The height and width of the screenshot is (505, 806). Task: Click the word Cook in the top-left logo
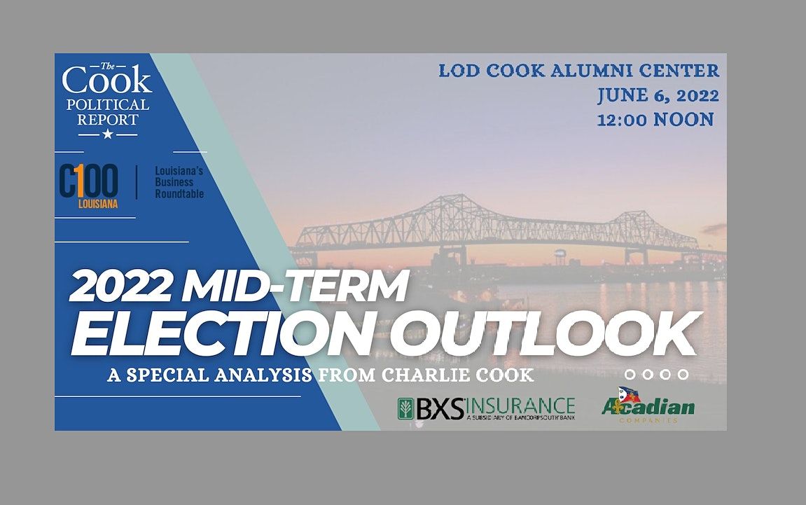[106, 81]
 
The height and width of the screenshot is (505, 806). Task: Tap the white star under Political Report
[107, 133]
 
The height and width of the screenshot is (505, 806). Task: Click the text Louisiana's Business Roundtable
[179, 182]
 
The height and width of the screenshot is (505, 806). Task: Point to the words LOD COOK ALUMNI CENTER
[578, 71]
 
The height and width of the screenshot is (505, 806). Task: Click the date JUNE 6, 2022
[658, 95]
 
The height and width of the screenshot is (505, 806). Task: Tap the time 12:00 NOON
[655, 120]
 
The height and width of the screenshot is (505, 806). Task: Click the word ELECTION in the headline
[221, 334]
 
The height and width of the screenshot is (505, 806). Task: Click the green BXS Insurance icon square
[405, 408]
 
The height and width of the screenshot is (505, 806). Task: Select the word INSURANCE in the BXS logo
[520, 406]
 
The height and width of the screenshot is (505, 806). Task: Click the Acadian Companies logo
[648, 407]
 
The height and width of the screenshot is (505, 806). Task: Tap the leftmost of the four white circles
[630, 375]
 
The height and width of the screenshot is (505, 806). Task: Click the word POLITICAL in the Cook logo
[107, 105]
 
